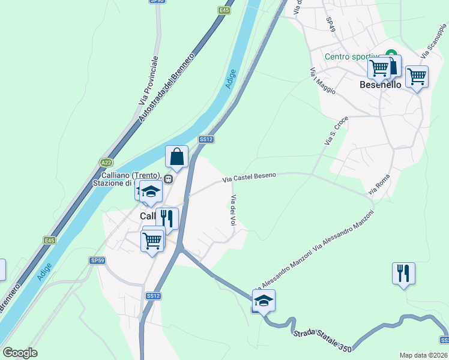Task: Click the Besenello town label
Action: [380, 85]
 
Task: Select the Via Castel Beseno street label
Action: [249, 177]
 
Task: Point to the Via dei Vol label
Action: [232, 211]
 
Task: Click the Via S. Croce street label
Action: [336, 131]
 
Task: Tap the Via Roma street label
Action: [379, 184]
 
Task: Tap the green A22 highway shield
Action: [106, 162]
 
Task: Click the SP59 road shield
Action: [97, 260]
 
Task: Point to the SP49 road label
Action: [330, 24]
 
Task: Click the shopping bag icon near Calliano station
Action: [177, 157]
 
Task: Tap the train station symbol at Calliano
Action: [169, 178]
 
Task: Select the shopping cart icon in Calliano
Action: [152, 240]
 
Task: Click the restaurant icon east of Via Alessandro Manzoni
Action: [403, 273]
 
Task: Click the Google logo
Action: [20, 353]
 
